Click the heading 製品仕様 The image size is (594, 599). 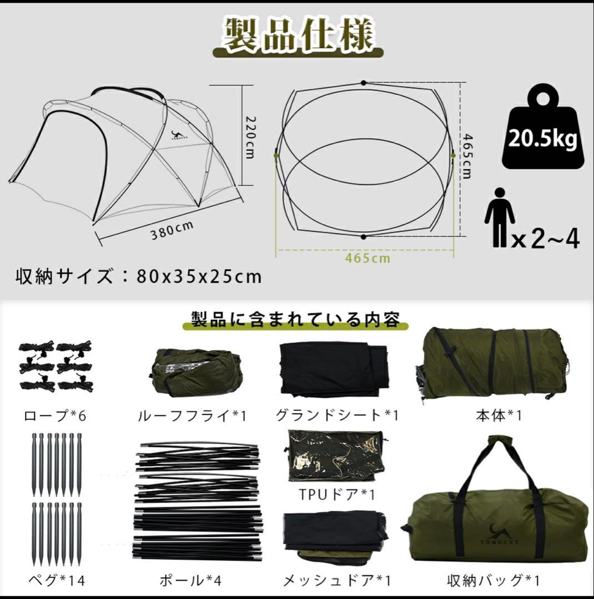pyautogui.click(x=299, y=37)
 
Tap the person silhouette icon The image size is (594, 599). pyautogui.click(x=499, y=216)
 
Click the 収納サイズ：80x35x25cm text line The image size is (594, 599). pyautogui.click(x=138, y=276)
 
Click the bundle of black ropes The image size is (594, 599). pyautogui.click(x=55, y=366)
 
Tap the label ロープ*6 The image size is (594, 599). pyautogui.click(x=55, y=415)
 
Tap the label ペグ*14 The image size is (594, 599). pyautogui.click(x=56, y=580)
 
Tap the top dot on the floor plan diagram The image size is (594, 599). pyautogui.click(x=363, y=83)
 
